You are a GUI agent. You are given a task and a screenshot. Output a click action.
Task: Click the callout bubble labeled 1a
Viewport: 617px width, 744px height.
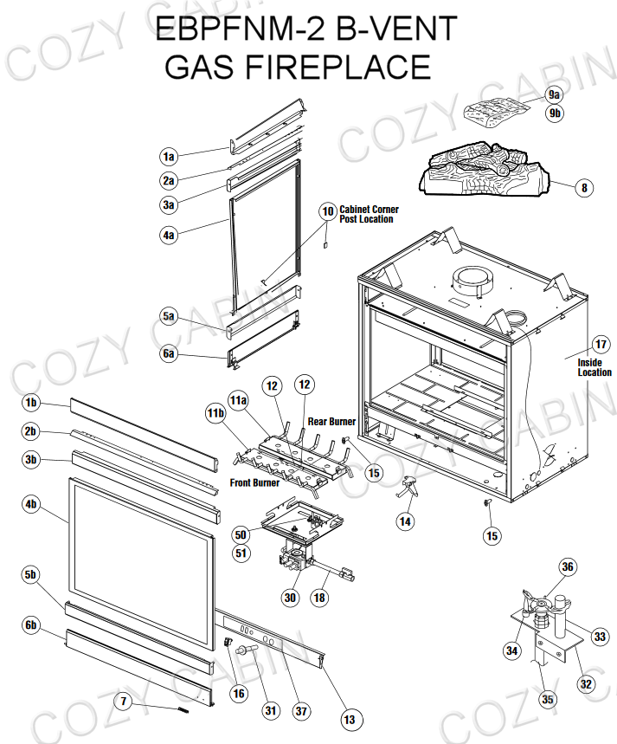point(169,157)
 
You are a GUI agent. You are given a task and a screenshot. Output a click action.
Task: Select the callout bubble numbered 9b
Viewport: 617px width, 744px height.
point(554,113)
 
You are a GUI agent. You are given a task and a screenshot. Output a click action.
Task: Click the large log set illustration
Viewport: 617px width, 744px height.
point(485,171)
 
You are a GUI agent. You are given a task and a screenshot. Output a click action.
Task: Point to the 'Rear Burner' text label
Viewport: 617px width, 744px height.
point(331,422)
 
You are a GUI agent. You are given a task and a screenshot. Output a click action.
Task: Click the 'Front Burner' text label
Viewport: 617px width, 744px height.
point(254,482)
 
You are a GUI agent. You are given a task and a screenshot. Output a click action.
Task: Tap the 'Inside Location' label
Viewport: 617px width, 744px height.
point(595,367)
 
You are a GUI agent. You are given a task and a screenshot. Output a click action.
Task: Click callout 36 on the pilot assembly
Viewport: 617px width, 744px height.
point(568,567)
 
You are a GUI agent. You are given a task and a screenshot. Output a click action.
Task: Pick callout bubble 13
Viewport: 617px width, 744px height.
point(350,719)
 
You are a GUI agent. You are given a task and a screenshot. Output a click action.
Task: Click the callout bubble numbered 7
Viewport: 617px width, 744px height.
point(125,702)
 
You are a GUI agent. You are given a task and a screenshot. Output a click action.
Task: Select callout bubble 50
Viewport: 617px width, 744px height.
point(241,535)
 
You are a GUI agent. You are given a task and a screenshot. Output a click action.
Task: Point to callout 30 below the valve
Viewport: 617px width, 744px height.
point(290,597)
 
